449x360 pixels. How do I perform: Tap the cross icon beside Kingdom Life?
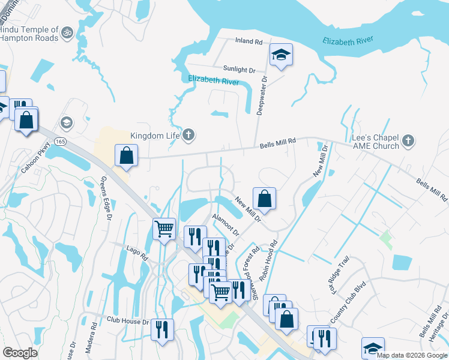188,134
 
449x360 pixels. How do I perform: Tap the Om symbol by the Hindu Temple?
67,30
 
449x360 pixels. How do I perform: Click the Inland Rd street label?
249,42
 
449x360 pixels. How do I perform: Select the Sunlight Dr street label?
239,70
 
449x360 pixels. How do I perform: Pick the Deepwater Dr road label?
262,95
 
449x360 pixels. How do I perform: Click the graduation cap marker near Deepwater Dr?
281,56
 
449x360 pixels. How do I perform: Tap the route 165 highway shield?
61,140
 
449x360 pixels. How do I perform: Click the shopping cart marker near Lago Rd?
164,229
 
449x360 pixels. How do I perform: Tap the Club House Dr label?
127,321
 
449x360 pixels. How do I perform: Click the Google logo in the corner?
20,353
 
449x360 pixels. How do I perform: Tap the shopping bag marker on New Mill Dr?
264,199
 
